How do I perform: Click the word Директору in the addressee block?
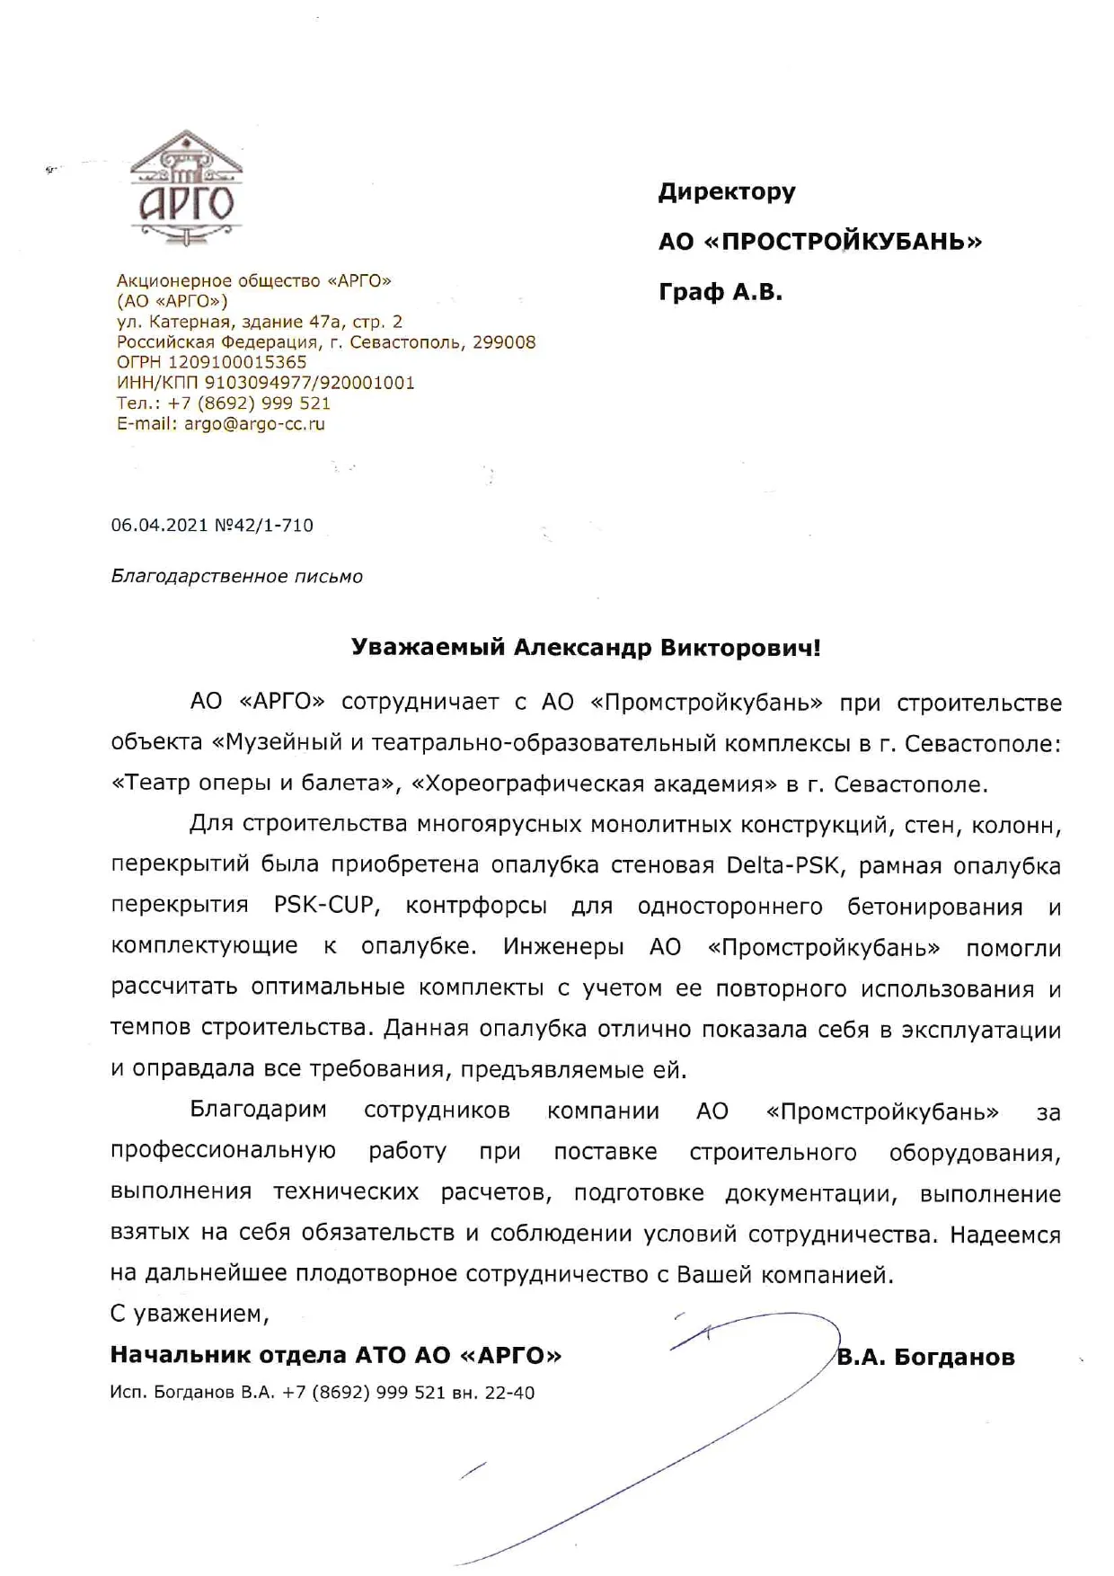pos(727,192)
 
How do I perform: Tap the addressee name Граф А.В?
pos(720,293)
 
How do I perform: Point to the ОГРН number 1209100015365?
pos(237,362)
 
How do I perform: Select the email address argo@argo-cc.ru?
pos(254,424)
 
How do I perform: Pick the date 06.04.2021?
pos(159,526)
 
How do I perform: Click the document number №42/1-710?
pos(264,526)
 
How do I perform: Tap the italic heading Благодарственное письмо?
pos(236,577)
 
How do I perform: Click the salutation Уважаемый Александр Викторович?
pos(585,648)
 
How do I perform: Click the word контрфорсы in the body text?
pos(476,906)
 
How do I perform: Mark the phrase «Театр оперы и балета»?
pos(255,784)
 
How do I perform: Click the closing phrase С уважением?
pos(190,1314)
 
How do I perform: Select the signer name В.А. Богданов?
pos(925,1357)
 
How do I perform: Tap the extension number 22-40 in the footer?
pos(509,1393)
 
